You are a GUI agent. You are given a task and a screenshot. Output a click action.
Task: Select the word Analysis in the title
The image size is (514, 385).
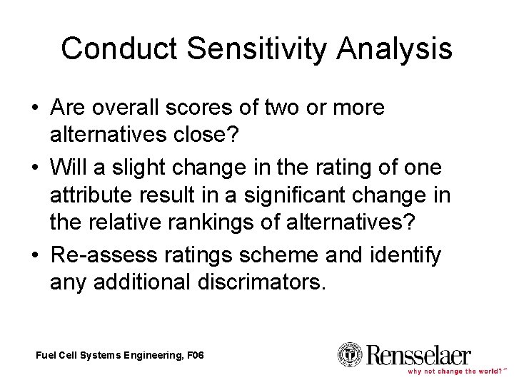coord(388,48)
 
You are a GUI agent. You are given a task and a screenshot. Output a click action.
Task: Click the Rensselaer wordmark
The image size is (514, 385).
coord(418,354)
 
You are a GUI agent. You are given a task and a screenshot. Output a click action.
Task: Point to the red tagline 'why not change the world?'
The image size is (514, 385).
coord(453,371)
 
